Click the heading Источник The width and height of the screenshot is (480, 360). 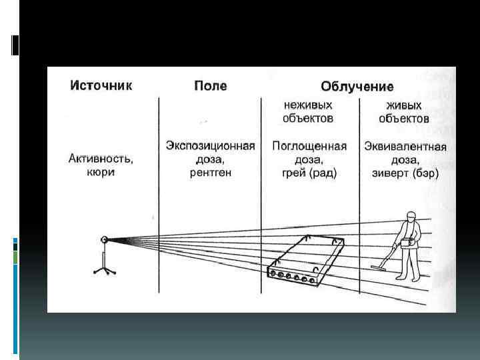point(101,85)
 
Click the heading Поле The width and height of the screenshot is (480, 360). point(210,86)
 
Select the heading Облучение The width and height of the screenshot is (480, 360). point(357,87)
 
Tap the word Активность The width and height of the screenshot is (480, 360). point(101,159)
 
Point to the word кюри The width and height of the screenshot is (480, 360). point(101,172)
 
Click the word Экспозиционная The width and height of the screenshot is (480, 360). point(210,146)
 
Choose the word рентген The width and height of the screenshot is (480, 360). point(210,172)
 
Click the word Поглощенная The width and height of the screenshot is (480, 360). point(309,147)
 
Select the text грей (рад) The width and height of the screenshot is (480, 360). point(309,173)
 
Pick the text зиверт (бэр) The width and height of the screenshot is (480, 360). point(405,173)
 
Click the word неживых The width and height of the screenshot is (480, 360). point(308,105)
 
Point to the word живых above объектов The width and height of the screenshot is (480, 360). point(404,105)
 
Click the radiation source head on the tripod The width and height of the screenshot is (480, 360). point(104,239)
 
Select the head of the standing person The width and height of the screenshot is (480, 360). point(411,218)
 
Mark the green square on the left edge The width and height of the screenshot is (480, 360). point(15,257)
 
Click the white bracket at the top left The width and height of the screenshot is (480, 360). point(15,45)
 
